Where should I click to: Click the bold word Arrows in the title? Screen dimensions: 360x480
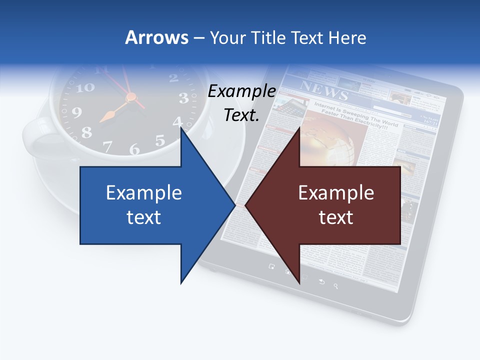pyautogui.click(x=157, y=37)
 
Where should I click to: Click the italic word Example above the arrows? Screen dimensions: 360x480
pyautogui.click(x=242, y=91)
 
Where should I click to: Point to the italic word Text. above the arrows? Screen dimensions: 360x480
pyautogui.click(x=242, y=115)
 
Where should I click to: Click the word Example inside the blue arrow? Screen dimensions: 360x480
pyautogui.click(x=144, y=192)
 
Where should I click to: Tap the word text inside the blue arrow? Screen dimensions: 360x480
pyautogui.click(x=144, y=217)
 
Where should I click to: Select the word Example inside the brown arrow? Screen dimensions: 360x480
pyautogui.click(x=336, y=192)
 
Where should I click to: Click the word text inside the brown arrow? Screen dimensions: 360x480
pyautogui.click(x=336, y=217)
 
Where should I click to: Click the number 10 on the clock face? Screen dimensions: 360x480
pyautogui.click(x=85, y=87)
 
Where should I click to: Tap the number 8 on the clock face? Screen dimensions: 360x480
pyautogui.click(x=86, y=132)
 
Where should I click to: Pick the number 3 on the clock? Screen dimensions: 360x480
pyautogui.click(x=183, y=98)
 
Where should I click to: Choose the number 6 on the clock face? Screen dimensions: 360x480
pyautogui.click(x=134, y=149)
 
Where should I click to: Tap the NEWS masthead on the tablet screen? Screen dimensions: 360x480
pyautogui.click(x=323, y=90)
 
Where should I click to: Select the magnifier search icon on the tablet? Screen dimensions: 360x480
pyautogui.click(x=336, y=286)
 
